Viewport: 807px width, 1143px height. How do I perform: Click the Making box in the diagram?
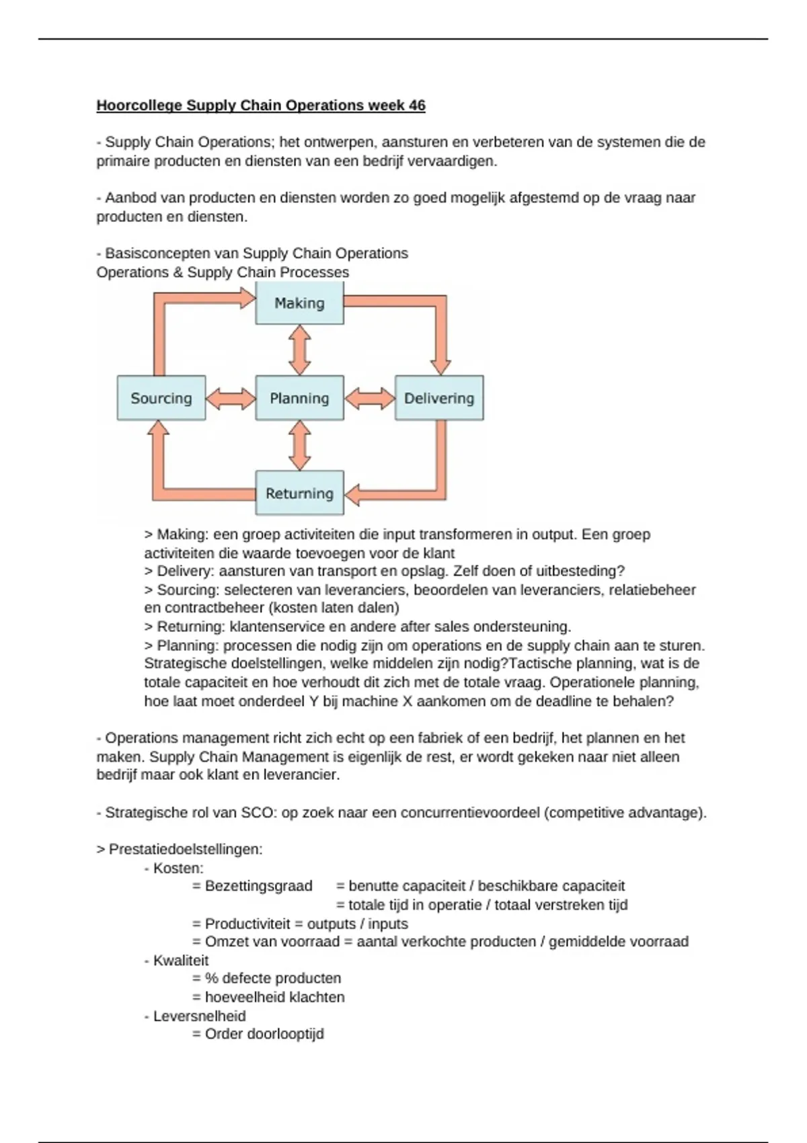click(299, 303)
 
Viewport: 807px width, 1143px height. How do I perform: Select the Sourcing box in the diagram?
click(161, 398)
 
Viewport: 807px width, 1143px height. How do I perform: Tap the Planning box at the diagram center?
click(299, 398)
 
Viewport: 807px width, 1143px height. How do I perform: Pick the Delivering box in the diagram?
click(438, 398)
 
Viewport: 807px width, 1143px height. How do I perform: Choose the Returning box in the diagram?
click(299, 493)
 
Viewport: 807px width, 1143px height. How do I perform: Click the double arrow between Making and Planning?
click(299, 350)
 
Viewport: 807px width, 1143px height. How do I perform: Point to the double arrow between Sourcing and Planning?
click(231, 398)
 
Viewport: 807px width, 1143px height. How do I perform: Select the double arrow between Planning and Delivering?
click(369, 398)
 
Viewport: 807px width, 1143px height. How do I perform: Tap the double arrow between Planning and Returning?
click(299, 445)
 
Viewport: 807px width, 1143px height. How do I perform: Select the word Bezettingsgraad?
click(258, 886)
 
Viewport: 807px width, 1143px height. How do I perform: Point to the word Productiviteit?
click(247, 924)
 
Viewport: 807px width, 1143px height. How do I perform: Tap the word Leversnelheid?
click(199, 1016)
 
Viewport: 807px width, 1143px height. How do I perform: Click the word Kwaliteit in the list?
click(181, 960)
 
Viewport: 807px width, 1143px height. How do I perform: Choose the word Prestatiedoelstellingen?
click(185, 849)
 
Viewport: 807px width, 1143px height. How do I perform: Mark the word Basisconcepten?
click(159, 253)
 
